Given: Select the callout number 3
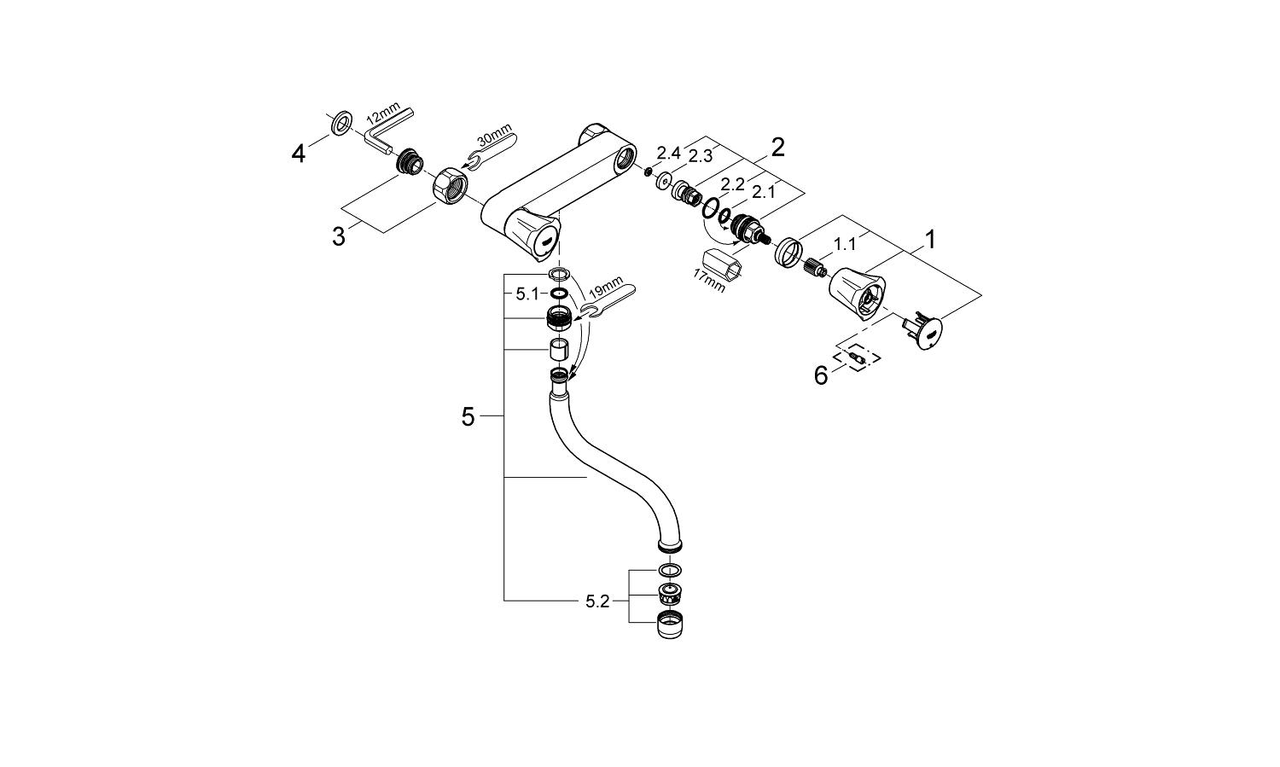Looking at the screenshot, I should [x=339, y=236].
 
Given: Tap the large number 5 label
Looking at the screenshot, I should [x=468, y=417].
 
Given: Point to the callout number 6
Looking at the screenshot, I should [x=821, y=375].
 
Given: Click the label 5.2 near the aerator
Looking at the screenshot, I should [x=597, y=601].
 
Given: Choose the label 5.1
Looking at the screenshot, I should [x=527, y=293].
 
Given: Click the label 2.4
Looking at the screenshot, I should [x=670, y=153].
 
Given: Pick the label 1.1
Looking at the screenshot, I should [x=845, y=245].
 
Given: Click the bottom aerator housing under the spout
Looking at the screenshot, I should [x=671, y=625].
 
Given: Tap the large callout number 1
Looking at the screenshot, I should [x=930, y=240].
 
